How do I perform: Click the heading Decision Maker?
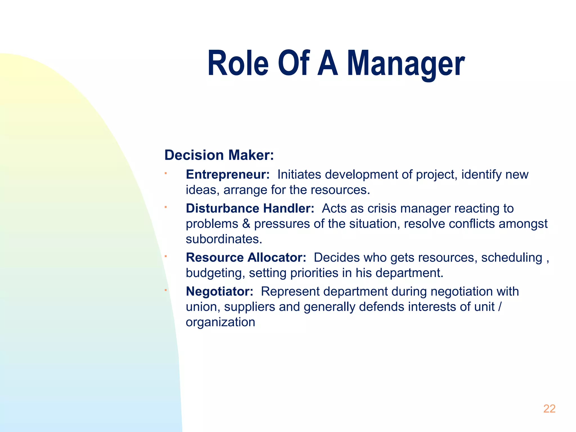219,155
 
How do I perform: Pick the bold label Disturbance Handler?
250,208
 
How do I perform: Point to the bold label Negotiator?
220,291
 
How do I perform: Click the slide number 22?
549,409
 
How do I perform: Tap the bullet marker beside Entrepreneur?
166,173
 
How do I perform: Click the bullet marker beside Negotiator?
166,290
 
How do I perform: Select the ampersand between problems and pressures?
246,224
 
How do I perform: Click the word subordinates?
224,239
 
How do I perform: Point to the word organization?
220,322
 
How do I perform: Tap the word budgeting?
215,273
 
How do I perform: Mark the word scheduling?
512,258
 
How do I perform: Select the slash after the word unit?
499,307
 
